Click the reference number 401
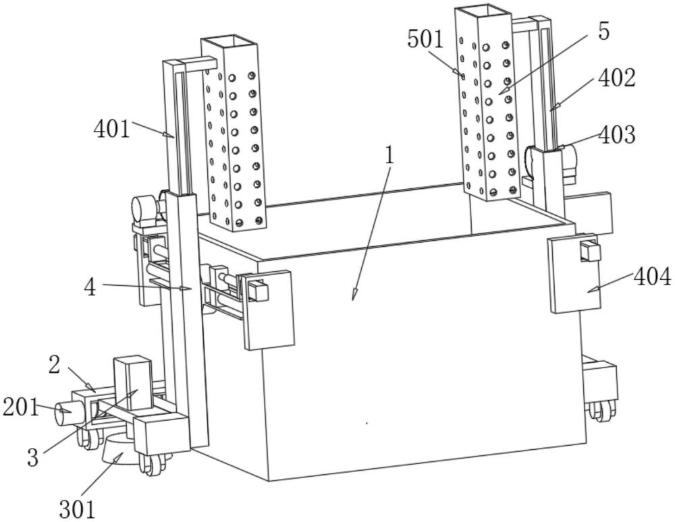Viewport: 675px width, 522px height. [x=111, y=127]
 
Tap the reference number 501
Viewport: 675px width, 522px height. [x=425, y=39]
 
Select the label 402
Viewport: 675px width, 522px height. [x=616, y=79]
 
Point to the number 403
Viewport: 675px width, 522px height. [x=616, y=135]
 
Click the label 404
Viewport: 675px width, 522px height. [x=652, y=277]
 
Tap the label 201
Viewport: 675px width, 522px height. [x=20, y=407]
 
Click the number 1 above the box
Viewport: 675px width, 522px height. [x=389, y=155]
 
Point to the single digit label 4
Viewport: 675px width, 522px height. [x=90, y=287]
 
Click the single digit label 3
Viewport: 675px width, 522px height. [x=32, y=458]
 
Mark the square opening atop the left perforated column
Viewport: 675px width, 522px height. [x=230, y=42]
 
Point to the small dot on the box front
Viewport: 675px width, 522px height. [x=367, y=423]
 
